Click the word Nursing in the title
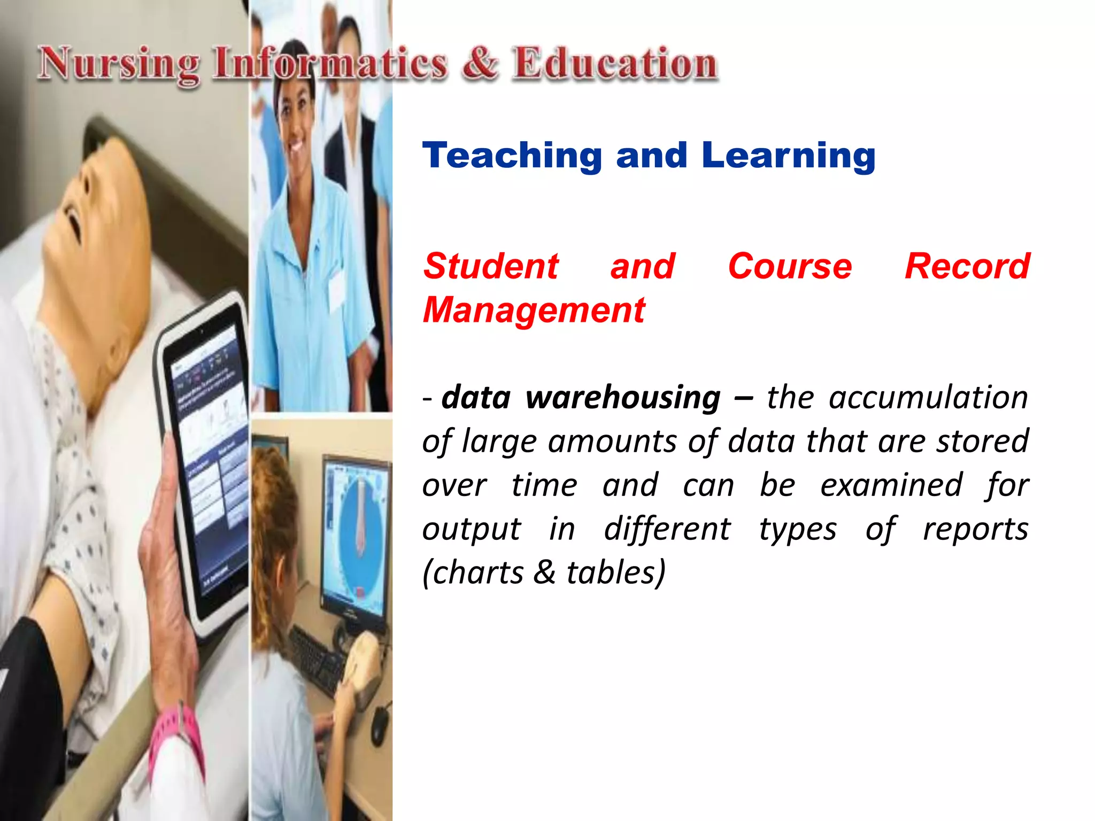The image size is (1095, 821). coord(119,65)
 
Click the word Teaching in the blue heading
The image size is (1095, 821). coord(512,156)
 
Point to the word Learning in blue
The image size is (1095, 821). coord(789,156)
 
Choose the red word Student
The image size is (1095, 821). coord(491,266)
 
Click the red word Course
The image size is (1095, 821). coord(790,266)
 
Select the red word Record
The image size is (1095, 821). coord(967,266)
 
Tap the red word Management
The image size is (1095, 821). coord(534,311)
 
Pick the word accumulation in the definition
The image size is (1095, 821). coord(928,398)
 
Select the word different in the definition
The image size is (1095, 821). coord(667,529)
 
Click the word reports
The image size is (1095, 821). coord(976,529)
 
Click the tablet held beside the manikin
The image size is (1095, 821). coord(206,460)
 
